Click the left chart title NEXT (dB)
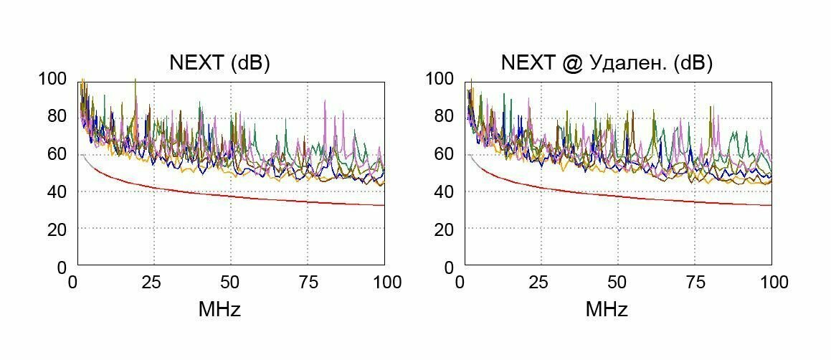coord(219,63)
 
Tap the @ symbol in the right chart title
coord(571,63)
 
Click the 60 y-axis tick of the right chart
coord(444,153)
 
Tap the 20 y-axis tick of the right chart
coord(444,229)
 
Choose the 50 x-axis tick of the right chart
coord(618,282)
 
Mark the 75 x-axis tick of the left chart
coord(308,282)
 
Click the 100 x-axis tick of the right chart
coord(772,282)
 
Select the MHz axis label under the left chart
coord(219,310)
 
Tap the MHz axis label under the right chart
coord(607,310)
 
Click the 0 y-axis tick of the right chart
coord(449,267)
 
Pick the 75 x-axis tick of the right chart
coord(695,282)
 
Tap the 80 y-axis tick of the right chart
coord(444,116)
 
